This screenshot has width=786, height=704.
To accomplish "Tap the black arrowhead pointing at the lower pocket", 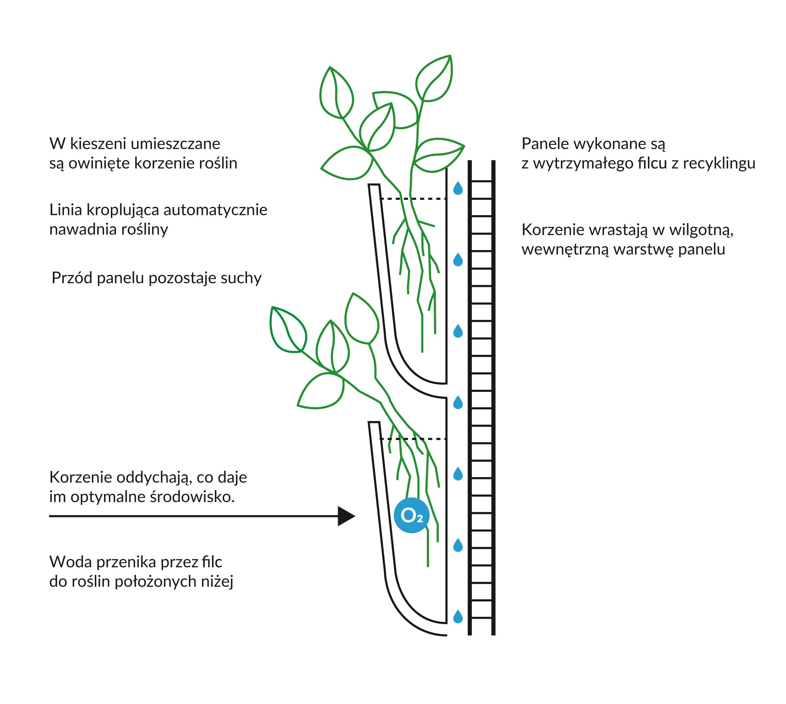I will (346, 516).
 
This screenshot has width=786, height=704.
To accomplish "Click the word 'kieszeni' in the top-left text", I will (100, 144).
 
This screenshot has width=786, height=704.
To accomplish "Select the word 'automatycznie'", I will (215, 210).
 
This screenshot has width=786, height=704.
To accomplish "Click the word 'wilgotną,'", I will (701, 230).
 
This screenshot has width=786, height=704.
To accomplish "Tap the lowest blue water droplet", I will (458, 616).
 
